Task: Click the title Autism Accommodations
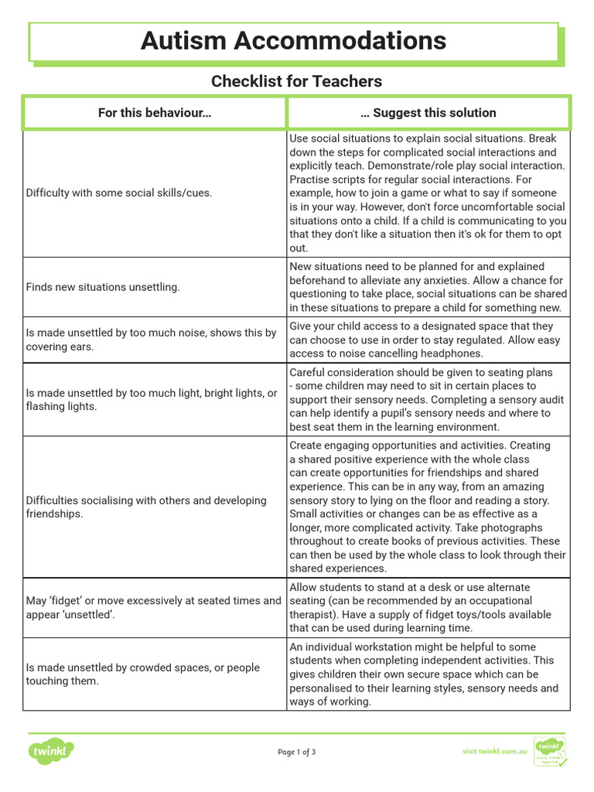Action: (293, 41)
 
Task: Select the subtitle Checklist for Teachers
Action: (296, 81)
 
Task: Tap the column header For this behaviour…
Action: (155, 113)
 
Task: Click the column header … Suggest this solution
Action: (428, 113)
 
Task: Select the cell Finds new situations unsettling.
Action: (103, 287)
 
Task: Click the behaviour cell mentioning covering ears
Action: (151, 340)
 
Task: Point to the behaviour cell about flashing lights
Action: (151, 399)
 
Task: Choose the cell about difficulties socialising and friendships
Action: (146, 507)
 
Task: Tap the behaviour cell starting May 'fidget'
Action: (153, 607)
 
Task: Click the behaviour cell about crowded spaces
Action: (143, 674)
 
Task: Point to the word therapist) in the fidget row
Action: (313, 614)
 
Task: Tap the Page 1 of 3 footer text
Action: (296, 752)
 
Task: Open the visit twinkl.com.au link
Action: (494, 751)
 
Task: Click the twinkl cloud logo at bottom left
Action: (52, 751)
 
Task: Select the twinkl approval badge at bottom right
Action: (550, 751)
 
